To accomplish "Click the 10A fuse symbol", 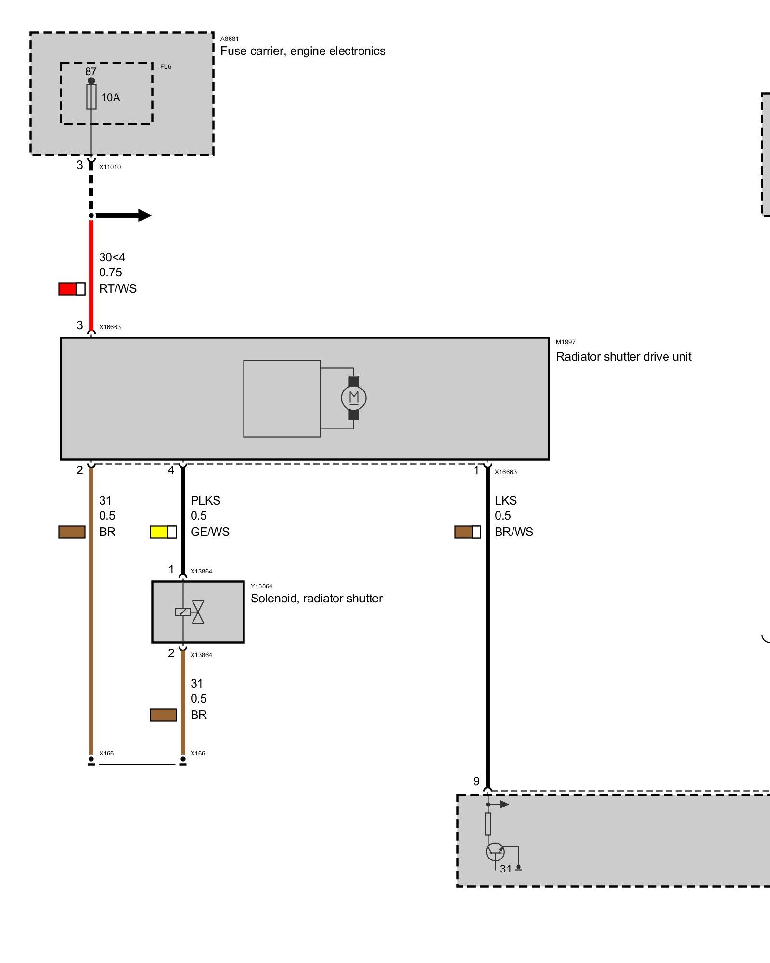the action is [91, 97].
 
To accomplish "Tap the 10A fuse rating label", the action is [111, 98].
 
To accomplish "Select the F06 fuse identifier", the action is [166, 66].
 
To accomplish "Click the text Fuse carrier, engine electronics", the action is [303, 51].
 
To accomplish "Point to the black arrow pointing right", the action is [123, 215].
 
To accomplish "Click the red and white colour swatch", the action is [72, 289].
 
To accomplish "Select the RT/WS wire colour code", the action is [118, 289].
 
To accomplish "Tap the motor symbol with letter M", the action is [354, 398].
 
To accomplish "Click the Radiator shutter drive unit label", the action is [623, 357].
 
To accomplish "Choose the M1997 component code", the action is [565, 342].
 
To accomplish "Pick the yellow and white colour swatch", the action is [164, 532].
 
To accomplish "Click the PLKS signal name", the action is [205, 501].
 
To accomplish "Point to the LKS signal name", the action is [506, 501].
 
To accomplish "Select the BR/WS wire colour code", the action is [514, 532].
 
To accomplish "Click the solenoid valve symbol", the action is [190, 612].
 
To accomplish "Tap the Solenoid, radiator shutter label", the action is [317, 599].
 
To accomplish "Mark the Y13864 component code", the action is [261, 586].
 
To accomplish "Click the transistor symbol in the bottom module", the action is [495, 852].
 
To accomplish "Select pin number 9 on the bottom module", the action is [476, 781].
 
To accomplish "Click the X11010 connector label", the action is [110, 167].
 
